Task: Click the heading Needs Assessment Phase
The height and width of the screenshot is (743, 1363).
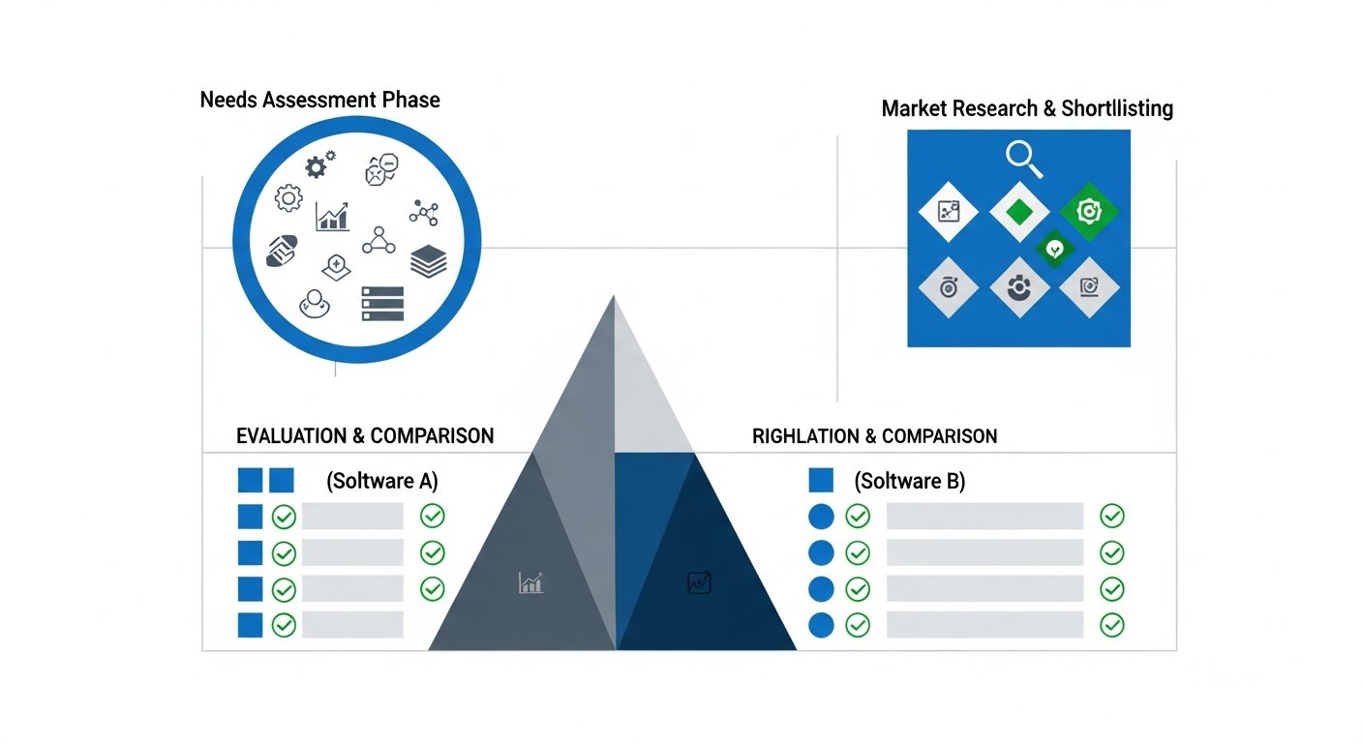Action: (319, 100)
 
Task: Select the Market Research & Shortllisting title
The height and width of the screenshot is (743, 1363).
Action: (1027, 108)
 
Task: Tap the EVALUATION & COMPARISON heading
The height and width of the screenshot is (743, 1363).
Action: (365, 435)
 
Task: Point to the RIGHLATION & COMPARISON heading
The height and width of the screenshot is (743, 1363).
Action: (874, 435)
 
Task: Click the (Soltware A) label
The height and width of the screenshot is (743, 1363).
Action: (382, 481)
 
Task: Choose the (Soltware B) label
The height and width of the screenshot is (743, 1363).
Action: (909, 481)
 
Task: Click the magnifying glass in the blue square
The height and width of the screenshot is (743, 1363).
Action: (1023, 159)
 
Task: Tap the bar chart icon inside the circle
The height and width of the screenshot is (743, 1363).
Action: (332, 216)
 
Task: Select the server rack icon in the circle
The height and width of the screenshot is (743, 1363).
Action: (381, 303)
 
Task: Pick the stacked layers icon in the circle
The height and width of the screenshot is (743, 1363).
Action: (428, 261)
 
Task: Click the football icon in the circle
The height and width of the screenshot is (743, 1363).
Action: (282, 251)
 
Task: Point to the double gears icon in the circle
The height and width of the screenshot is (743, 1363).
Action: (319, 164)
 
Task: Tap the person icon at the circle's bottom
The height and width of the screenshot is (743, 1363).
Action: (315, 304)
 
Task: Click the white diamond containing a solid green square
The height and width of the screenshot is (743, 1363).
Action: (1019, 210)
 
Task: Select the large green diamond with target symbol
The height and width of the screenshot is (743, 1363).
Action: (1089, 210)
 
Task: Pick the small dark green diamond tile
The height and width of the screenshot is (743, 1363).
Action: (1055, 250)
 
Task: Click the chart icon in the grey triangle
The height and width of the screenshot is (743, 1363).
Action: (530, 581)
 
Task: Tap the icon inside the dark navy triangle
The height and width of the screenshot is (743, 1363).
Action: (699, 582)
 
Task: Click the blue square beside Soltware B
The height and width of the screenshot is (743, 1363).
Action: (820, 480)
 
